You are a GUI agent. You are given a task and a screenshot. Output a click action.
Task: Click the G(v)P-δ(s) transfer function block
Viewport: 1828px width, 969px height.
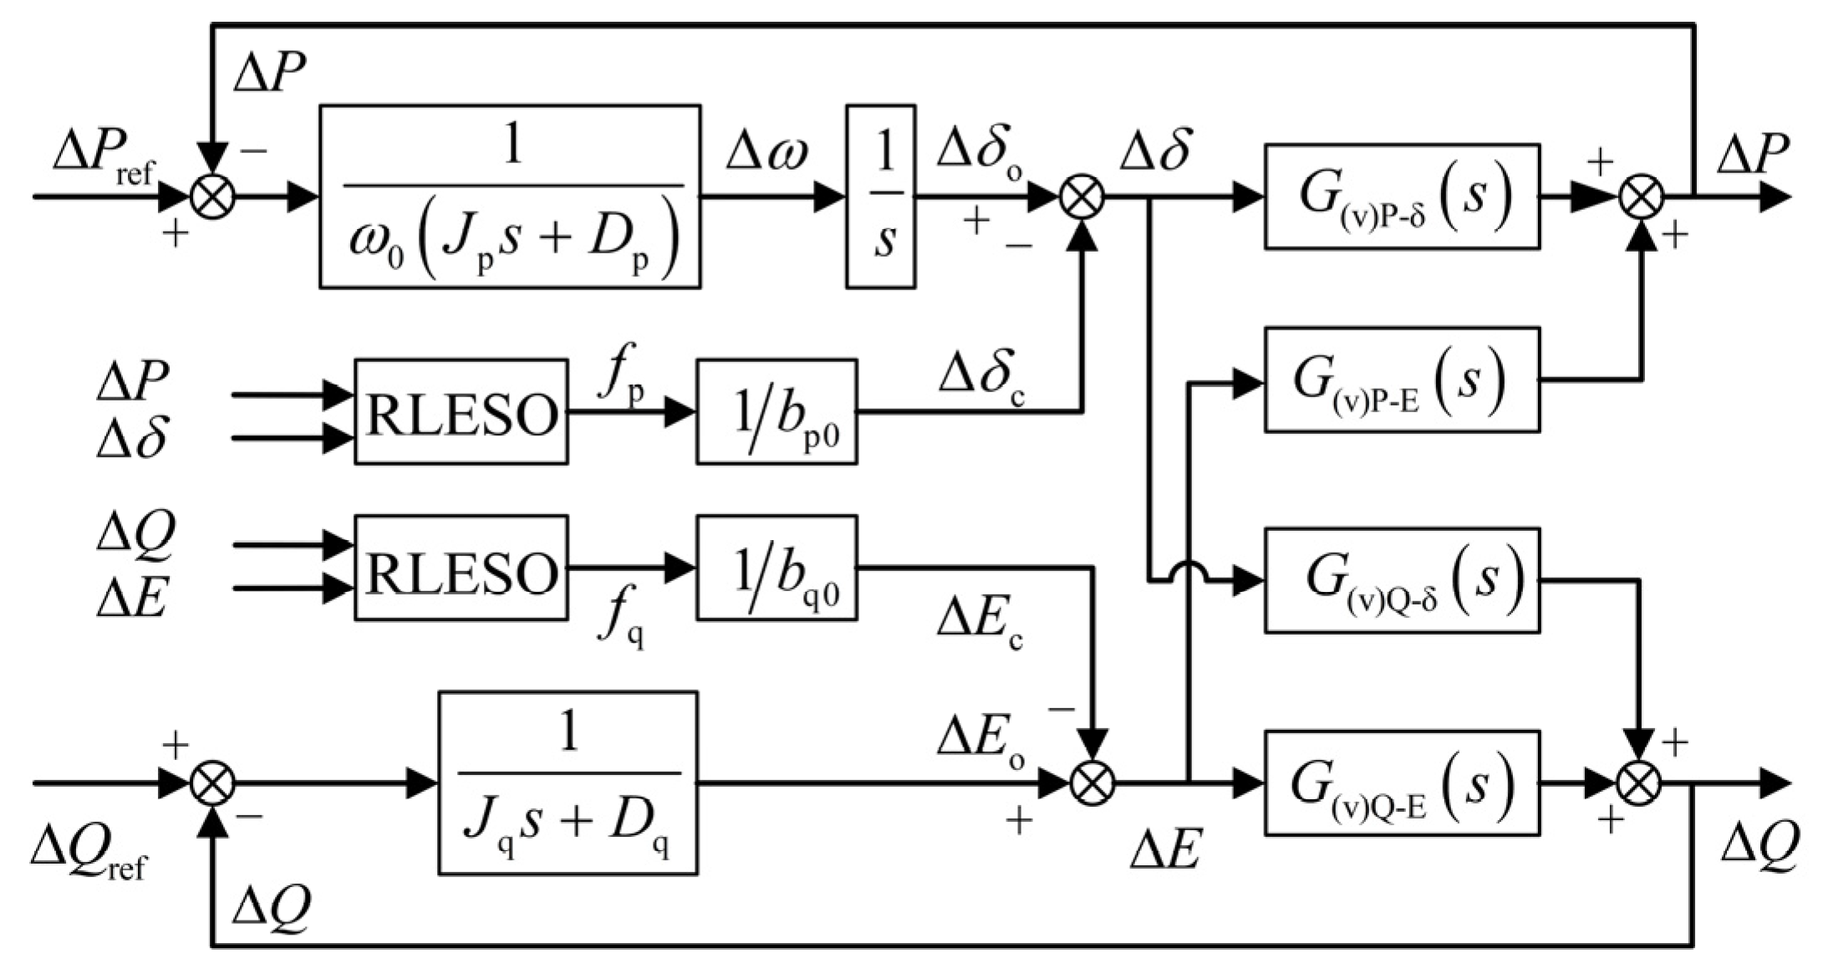click(1402, 196)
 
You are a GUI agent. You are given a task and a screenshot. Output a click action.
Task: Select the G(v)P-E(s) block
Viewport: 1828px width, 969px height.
click(1402, 380)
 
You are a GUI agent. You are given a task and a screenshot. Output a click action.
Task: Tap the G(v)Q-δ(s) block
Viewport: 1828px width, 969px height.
click(1402, 579)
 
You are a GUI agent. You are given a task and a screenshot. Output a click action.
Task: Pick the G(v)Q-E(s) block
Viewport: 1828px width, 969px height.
click(1402, 783)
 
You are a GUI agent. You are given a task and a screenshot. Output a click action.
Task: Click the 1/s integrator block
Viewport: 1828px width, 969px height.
click(880, 196)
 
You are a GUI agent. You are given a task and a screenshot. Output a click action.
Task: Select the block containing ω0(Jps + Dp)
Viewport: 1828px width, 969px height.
click(510, 196)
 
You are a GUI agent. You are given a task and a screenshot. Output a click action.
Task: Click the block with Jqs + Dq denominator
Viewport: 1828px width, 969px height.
click(568, 783)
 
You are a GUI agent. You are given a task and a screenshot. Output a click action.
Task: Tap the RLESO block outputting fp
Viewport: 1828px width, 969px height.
click(461, 411)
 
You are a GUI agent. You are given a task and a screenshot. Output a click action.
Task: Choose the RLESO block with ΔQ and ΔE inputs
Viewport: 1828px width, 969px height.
click(461, 568)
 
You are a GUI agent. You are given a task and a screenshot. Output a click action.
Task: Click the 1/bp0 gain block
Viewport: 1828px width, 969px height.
click(777, 411)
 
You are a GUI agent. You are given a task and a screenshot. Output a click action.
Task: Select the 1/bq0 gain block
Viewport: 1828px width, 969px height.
click(777, 568)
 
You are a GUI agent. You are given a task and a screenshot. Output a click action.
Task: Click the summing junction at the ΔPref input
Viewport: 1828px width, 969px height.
click(213, 198)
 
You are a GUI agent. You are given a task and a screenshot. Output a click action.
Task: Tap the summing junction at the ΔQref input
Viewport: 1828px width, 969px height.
click(213, 784)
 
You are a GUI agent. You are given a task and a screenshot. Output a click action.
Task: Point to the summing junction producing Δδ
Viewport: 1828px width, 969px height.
click(1082, 198)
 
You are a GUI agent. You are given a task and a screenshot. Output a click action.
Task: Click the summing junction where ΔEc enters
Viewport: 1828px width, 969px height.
click(1092, 784)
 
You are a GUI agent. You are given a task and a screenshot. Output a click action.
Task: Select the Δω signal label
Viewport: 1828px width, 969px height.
click(767, 156)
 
